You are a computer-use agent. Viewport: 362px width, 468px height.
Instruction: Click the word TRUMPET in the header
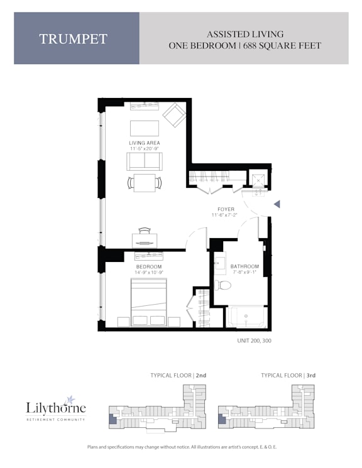click(73, 39)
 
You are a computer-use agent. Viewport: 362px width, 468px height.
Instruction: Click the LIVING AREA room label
click(145, 143)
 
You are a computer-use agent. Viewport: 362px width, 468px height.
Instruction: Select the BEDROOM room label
click(149, 266)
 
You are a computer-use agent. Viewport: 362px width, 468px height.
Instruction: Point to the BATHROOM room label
click(244, 266)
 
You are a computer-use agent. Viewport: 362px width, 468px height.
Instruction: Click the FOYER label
click(226, 209)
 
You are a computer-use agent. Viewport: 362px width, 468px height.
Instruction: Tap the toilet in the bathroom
click(222, 285)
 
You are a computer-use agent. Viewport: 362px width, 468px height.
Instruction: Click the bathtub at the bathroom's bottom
click(246, 317)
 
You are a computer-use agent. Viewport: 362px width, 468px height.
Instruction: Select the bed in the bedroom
click(148, 302)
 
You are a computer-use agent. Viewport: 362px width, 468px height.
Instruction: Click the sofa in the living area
click(145, 161)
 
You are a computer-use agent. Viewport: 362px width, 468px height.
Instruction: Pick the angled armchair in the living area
click(175, 115)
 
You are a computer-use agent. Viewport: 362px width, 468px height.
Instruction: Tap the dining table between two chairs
click(145, 183)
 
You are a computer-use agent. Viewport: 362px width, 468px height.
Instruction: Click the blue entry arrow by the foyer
click(277, 204)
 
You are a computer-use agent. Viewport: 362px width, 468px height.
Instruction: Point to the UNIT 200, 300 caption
click(254, 340)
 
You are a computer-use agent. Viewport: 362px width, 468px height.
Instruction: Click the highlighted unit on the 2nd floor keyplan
click(112, 418)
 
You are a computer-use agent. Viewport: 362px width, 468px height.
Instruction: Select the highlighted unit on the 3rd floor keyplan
click(222, 418)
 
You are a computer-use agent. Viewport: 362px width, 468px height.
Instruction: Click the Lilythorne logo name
click(56, 408)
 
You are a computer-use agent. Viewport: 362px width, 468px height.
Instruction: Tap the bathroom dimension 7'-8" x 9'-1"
click(244, 272)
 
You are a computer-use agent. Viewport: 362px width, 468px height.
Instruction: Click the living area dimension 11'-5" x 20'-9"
click(145, 149)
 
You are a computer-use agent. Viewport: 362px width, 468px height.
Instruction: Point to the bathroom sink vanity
click(220, 263)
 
